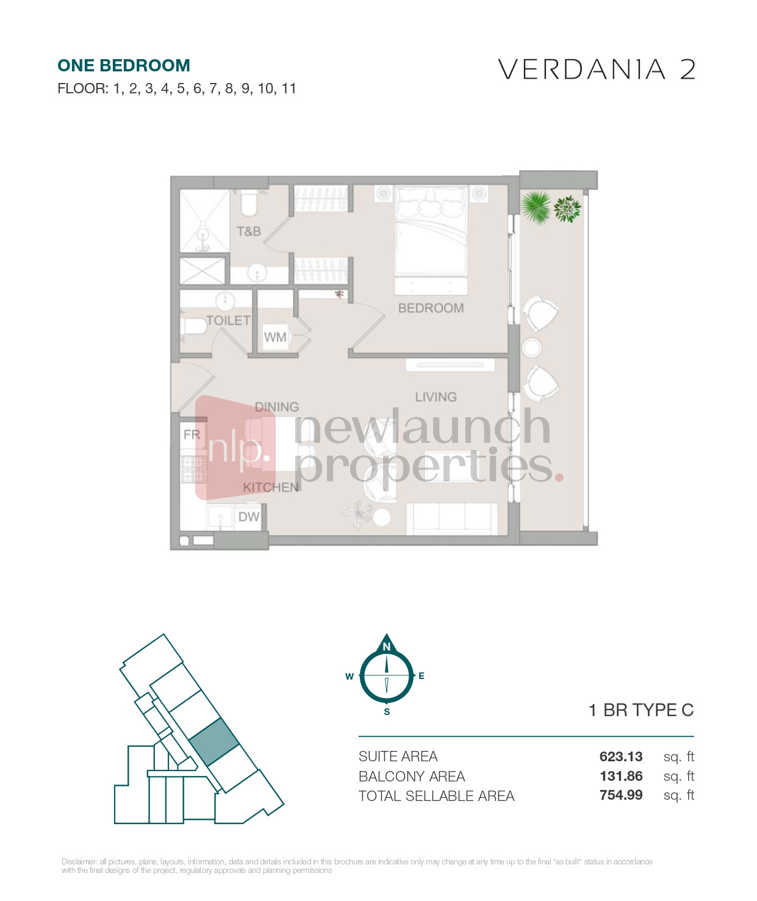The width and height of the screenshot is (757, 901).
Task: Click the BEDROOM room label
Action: click(431, 308)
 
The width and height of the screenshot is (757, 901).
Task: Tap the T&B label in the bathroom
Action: click(249, 232)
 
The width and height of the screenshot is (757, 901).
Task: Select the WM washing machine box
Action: click(275, 337)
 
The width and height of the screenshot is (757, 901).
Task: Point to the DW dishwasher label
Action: click(249, 517)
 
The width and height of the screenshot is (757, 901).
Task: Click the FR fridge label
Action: click(192, 434)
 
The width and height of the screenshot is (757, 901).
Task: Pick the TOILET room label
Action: click(228, 321)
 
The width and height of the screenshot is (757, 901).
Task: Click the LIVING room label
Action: click(436, 397)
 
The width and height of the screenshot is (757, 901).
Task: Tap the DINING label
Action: click(277, 407)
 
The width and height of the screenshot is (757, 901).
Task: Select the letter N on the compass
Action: click(386, 647)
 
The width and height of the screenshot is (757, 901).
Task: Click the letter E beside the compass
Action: click(422, 676)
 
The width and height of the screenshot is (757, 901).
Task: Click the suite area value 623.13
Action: click(620, 756)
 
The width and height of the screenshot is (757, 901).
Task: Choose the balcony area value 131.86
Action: click(621, 777)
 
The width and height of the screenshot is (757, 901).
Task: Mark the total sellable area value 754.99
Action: click(621, 795)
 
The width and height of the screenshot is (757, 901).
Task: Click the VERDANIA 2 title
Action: click(597, 70)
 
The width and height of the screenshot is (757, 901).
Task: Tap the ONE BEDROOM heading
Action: click(124, 66)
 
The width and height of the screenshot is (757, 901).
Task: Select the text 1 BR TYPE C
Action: click(641, 710)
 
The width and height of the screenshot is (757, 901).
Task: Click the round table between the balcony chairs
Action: click(531, 347)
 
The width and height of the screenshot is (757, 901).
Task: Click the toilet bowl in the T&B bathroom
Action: click(249, 204)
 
